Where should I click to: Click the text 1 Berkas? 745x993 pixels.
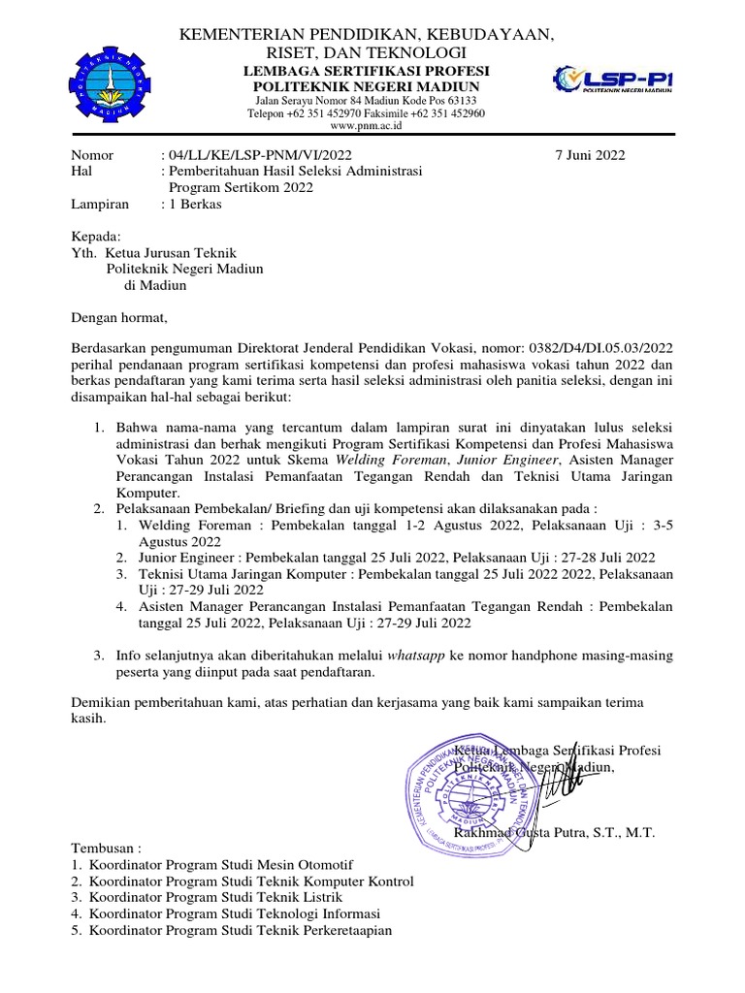[x=195, y=205]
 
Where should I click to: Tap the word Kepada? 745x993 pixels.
[x=96, y=237]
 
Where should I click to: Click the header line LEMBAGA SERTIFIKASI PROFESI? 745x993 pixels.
[x=366, y=71]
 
